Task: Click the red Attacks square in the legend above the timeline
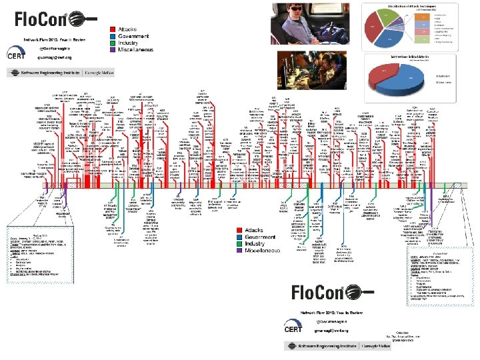pyautogui.click(x=113, y=29)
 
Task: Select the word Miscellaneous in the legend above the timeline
pyautogui.click(x=136, y=49)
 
